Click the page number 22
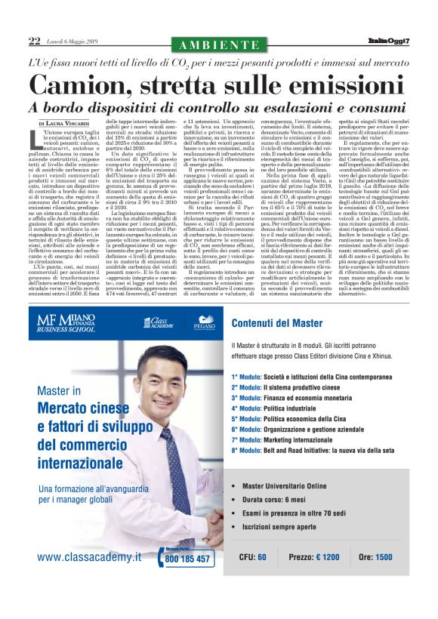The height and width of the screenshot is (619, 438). (x=33, y=41)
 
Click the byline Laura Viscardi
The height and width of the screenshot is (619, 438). (x=69, y=122)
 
